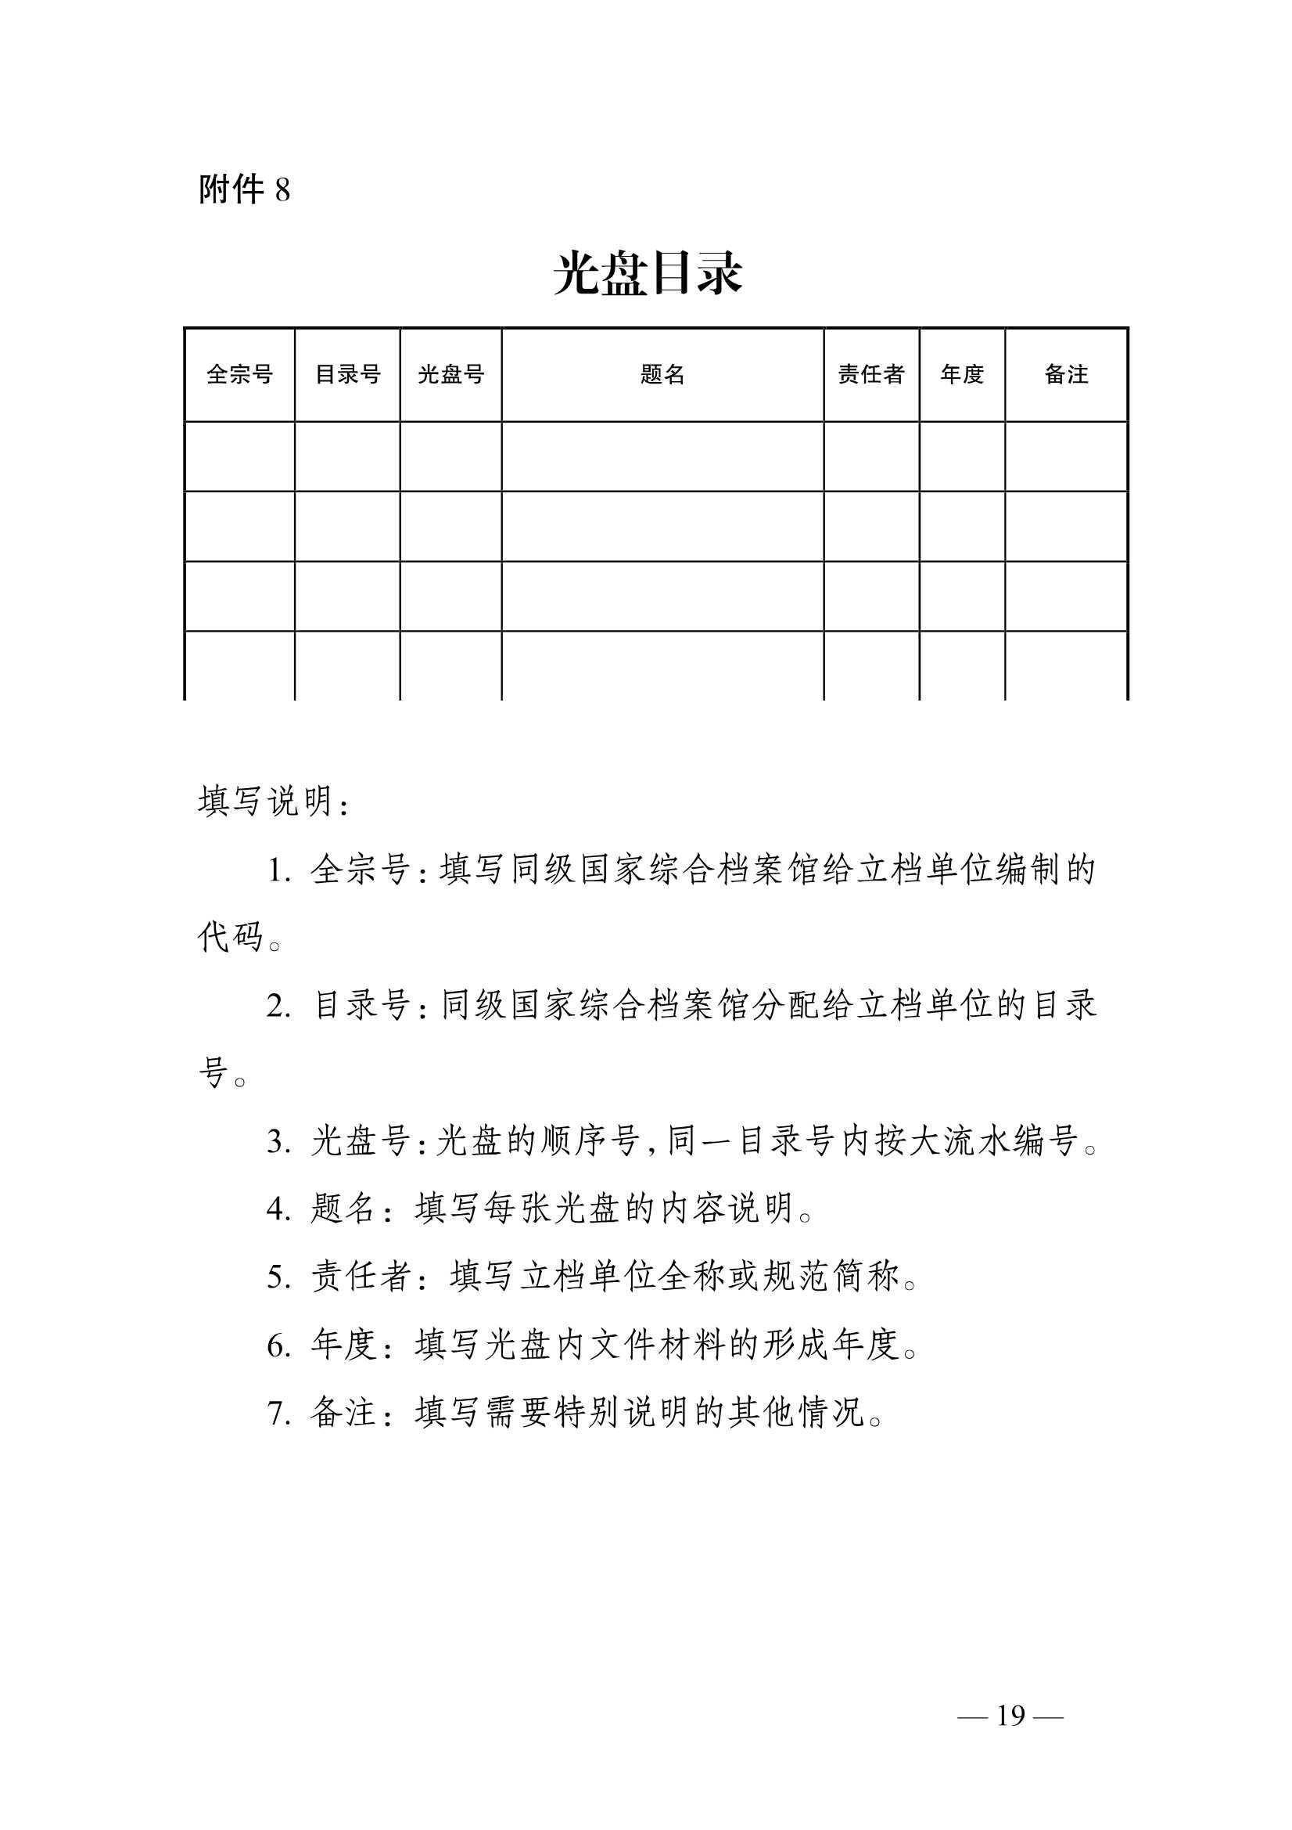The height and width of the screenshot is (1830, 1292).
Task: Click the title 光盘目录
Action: click(x=648, y=274)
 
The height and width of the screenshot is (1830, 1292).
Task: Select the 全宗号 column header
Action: click(x=239, y=374)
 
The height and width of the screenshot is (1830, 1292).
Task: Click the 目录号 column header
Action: click(x=347, y=374)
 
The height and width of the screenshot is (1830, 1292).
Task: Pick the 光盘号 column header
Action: click(x=450, y=374)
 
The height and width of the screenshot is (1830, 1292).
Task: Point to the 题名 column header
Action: click(x=662, y=374)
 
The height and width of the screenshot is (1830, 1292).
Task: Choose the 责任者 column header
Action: click(x=870, y=374)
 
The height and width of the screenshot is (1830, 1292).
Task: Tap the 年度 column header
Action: click(x=961, y=374)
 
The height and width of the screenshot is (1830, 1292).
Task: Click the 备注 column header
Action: click(x=1066, y=374)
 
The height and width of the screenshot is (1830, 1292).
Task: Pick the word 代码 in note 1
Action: click(x=230, y=938)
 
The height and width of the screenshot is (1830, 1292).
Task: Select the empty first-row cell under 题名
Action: click(x=662, y=456)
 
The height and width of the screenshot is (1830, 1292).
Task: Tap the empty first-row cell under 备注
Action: click(x=1066, y=456)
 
